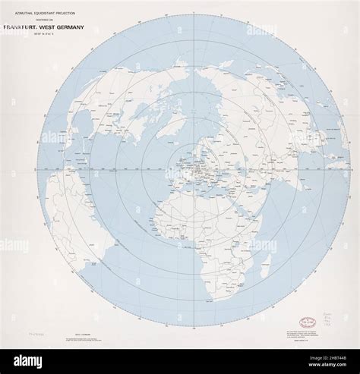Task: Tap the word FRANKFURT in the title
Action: coord(29,29)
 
